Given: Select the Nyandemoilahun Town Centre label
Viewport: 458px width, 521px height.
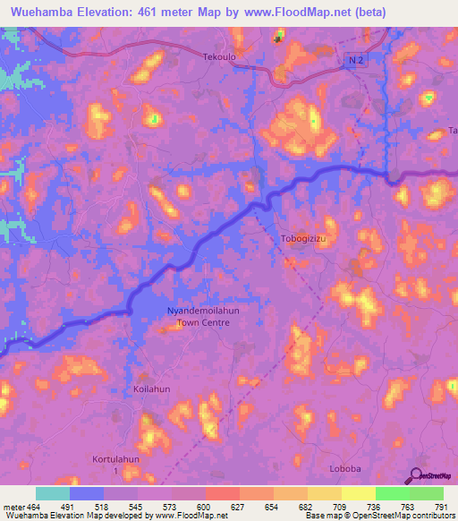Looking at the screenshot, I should click(205, 316).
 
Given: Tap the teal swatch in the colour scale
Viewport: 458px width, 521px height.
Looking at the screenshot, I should click(53, 493).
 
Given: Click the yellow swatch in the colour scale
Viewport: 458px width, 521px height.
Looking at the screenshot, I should click(358, 493).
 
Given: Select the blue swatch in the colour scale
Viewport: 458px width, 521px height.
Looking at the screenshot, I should click(87, 493).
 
